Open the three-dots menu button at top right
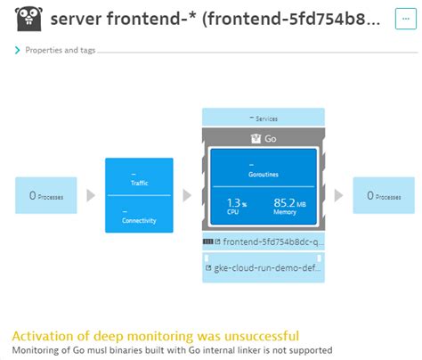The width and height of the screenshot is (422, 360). pos(404,19)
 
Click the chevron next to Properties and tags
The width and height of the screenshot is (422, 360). pos(18,51)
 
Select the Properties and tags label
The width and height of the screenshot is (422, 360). pos(57,51)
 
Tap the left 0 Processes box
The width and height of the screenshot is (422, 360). pos(46,195)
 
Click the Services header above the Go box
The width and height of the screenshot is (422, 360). pos(263,118)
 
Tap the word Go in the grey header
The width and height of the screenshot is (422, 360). pos(270,138)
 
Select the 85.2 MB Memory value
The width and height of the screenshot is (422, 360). pos(290,207)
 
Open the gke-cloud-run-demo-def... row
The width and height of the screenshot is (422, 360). pos(267,266)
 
